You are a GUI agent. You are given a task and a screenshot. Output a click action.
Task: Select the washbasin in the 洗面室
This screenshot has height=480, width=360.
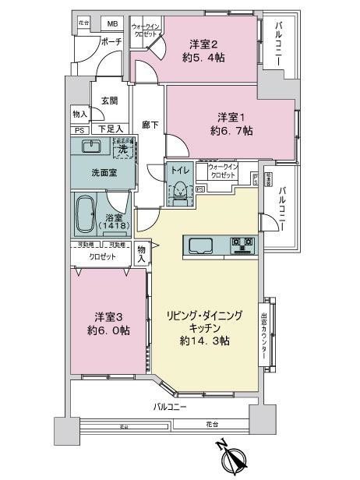coord(91,146)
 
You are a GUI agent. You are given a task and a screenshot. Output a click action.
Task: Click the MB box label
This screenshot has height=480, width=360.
coord(113,24)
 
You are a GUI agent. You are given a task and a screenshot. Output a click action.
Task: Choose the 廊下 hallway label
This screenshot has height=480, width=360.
coord(146,125)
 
